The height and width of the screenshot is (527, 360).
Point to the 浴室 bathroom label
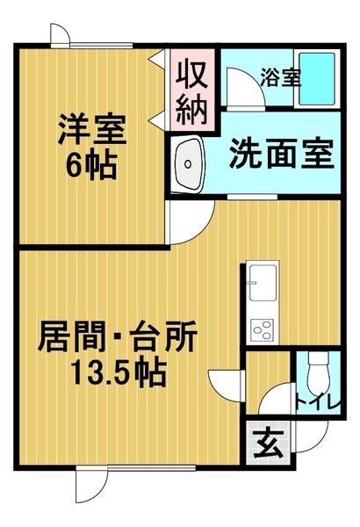point(279,77)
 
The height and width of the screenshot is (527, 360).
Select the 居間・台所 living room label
point(118,338)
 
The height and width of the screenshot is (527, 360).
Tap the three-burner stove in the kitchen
point(262,328)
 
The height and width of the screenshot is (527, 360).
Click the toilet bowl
point(318,374)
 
